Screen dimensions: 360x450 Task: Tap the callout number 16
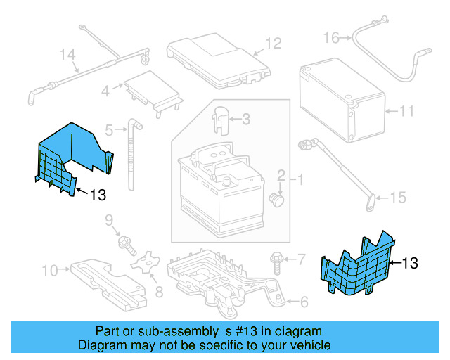point(331,37)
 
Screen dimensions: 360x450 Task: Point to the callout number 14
point(67,54)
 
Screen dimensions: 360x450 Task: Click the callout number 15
point(398,198)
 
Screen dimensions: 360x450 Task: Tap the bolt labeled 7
point(276,262)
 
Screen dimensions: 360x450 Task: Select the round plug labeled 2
point(276,200)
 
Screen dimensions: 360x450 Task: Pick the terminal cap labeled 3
point(220,117)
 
